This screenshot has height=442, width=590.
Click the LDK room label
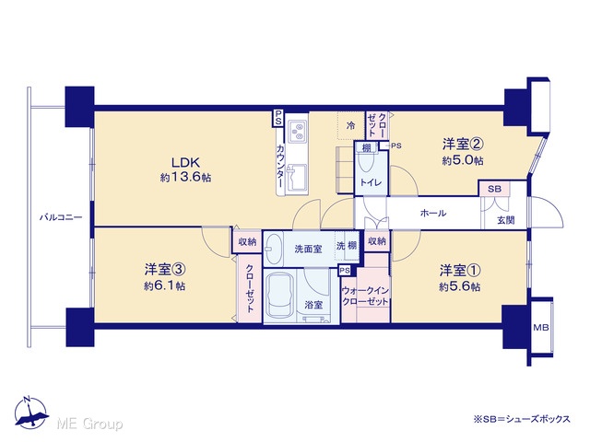185,163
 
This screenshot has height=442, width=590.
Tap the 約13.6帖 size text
185,178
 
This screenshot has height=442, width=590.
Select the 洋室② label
463,144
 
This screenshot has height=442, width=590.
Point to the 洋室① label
460,270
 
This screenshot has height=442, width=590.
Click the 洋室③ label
164,269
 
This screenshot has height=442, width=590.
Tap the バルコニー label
61,217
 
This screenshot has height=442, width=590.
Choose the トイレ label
371,182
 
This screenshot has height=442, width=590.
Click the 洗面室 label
308,249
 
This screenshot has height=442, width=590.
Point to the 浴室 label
313,305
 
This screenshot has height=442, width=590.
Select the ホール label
433,213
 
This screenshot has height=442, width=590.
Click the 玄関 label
506,220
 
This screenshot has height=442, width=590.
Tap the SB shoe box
494,189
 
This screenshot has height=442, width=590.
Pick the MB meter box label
541,328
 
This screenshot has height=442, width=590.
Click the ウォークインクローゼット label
365,297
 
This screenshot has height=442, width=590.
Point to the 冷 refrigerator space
350,125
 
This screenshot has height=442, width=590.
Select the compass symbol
30,413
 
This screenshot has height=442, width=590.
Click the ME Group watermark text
89,424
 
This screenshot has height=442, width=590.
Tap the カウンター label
280,166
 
